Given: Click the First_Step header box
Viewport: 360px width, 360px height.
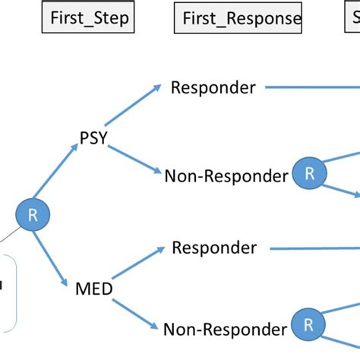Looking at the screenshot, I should coord(90,18).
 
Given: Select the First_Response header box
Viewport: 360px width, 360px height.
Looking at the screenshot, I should coord(238,18).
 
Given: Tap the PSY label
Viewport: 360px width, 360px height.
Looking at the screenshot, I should coord(93,138).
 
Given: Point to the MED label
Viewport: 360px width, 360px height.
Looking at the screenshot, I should coord(94,289).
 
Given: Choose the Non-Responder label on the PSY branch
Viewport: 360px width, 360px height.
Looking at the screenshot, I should coord(226,176).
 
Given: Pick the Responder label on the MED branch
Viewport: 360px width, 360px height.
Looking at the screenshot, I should coord(214,248).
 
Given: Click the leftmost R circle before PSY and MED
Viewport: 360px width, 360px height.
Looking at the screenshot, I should coord(33,215).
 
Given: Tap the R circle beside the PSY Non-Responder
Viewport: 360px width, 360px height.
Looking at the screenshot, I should coord(309,174).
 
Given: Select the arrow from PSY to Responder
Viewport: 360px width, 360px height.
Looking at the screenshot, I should coord(133,105).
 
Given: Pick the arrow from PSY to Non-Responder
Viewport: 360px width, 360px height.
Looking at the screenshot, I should coord(134,159).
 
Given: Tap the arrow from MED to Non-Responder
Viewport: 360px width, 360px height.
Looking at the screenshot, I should coord(137,311).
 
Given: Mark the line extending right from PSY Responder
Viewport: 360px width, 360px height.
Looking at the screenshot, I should coord(311,87).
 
